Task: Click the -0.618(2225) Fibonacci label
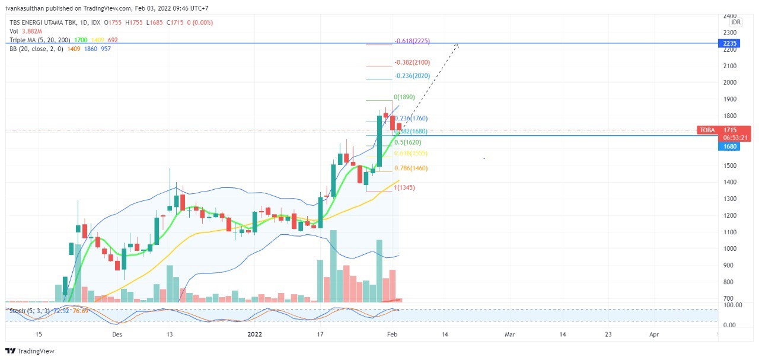point(412,41)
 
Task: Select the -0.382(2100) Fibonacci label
point(413,62)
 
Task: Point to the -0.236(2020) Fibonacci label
point(413,76)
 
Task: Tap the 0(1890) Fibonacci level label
point(404,97)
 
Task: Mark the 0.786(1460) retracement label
point(411,168)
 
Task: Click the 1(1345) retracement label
point(405,188)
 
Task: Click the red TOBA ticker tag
point(707,130)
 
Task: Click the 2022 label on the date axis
point(254,334)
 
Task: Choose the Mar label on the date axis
point(509,334)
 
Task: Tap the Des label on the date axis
point(117,334)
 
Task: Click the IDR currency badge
point(736,22)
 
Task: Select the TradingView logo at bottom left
point(30,351)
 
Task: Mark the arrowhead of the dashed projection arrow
point(457,44)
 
